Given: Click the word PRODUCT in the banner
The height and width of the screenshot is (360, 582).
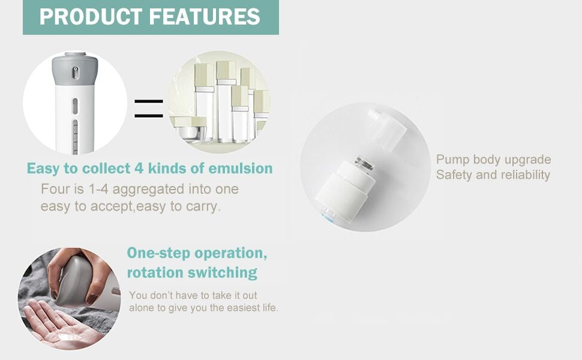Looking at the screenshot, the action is coord(91,17).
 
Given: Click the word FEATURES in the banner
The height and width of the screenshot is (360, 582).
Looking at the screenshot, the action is coord(205,17).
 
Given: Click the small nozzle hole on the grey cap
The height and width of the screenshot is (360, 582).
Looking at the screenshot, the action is coord(76,73).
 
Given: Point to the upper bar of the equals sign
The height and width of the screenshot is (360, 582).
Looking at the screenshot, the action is coord(148,101).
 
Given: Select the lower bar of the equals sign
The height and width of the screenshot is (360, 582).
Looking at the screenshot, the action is coord(148,116).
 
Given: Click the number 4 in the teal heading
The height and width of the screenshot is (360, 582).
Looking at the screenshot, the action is coord(139,169).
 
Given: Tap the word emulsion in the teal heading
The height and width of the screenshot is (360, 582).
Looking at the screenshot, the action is coord(241,169).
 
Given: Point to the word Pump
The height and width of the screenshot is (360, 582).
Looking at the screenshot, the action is coord(452,160).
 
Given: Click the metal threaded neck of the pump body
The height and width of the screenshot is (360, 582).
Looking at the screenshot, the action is coord(364,164).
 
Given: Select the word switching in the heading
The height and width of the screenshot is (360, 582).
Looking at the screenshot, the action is coord(223,273).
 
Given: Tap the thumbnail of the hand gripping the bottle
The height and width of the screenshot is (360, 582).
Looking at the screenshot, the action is coord(70,298).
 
